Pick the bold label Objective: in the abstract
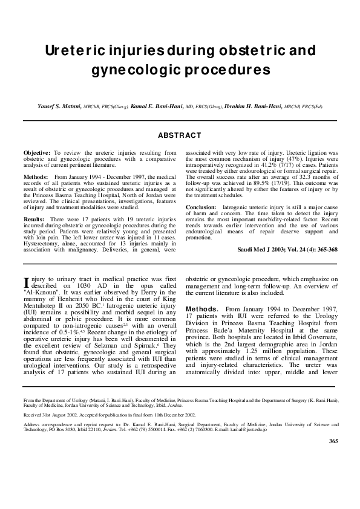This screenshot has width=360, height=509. click(x=37, y=154)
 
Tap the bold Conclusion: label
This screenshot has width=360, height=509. click(x=202, y=207)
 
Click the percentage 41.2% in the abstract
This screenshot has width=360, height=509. click(x=261, y=166)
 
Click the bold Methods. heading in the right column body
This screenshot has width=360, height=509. click(x=201, y=308)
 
